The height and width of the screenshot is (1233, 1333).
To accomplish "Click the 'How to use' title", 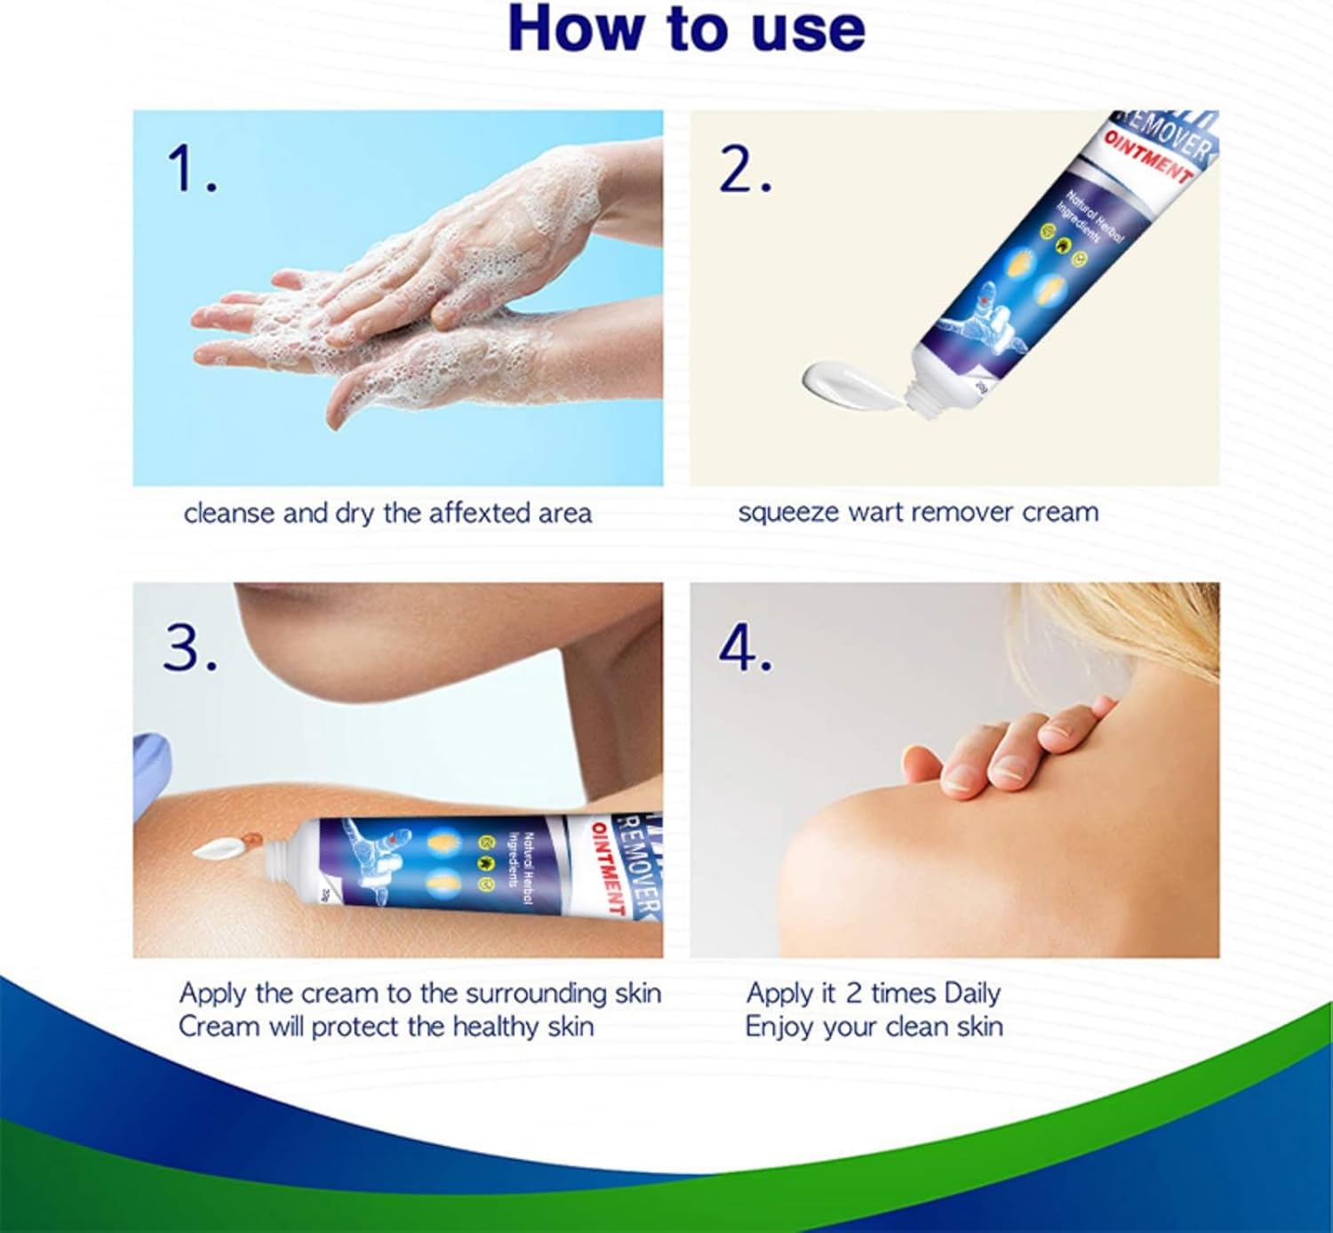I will [686, 30].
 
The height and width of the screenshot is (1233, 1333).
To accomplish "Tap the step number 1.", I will [191, 170].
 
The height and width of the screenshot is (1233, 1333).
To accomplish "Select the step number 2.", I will [744, 170].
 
